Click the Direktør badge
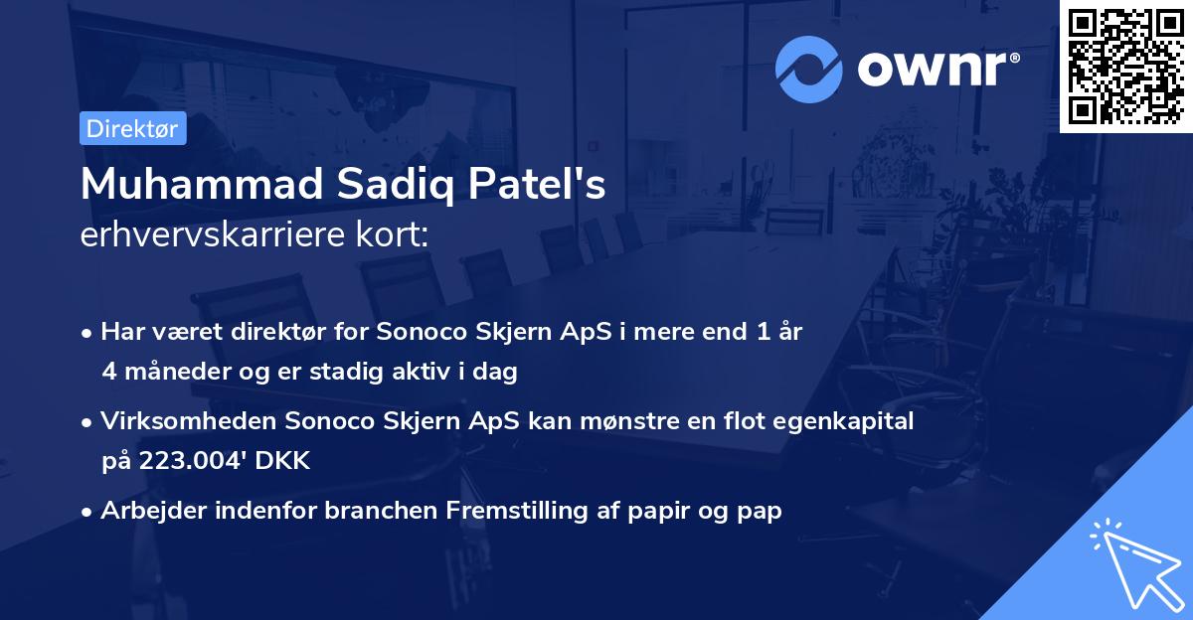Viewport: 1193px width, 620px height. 132,128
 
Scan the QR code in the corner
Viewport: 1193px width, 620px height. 1125,66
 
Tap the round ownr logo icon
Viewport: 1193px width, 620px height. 809,69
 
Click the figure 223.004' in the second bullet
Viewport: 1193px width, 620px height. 179,460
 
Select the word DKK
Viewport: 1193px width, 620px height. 285,460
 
